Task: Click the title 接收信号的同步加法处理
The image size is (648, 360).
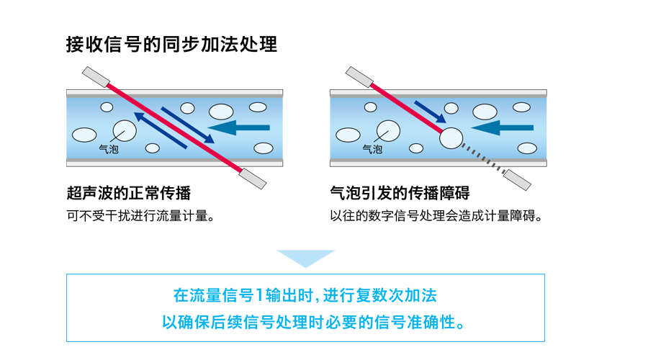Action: [171, 45]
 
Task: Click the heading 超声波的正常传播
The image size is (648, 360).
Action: [129, 193]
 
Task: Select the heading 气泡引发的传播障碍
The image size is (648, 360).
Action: [400, 193]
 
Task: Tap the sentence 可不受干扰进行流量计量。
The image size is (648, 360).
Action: [141, 216]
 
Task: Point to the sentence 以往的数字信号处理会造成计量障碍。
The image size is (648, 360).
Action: [436, 216]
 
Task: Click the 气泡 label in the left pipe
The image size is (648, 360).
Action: [109, 149]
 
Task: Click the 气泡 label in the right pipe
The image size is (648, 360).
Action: [372, 149]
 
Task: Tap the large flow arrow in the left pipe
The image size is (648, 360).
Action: [238, 127]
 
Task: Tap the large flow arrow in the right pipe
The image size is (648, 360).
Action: [502, 127]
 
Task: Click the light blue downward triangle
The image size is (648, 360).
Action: [306, 257]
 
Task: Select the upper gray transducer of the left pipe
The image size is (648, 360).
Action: [96, 77]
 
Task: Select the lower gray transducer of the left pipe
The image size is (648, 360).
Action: [253, 179]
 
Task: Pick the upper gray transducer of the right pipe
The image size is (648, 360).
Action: [359, 77]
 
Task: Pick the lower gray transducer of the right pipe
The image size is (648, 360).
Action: [517, 180]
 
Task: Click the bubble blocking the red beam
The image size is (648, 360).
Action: [451, 138]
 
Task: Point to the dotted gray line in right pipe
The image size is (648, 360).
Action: [483, 158]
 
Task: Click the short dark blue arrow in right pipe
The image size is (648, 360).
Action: [431, 112]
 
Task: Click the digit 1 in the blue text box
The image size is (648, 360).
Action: [259, 295]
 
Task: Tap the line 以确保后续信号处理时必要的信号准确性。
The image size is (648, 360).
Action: [313, 322]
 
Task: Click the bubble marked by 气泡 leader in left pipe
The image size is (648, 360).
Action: [125, 130]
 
